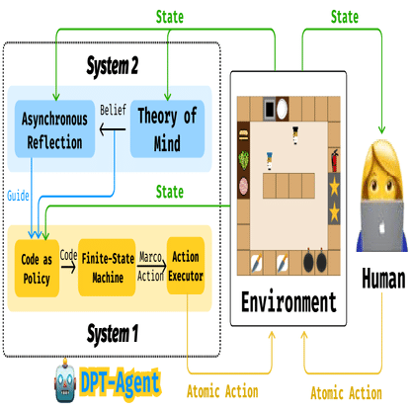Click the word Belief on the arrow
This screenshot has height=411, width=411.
click(113, 109)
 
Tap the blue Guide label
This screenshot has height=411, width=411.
click(18, 195)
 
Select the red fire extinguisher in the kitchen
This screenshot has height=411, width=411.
click(334, 158)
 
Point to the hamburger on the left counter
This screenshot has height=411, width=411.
click(242, 135)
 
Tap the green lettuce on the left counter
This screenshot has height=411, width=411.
click(243, 159)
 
